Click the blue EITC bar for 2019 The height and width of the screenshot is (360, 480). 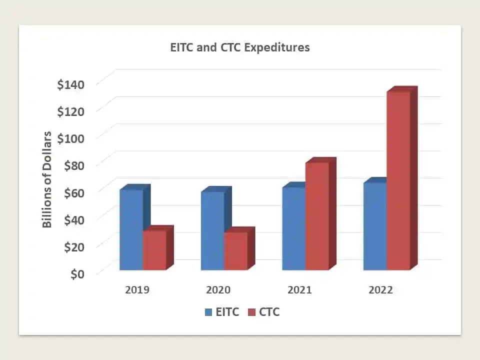(x=131, y=229)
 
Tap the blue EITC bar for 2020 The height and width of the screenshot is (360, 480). (x=213, y=231)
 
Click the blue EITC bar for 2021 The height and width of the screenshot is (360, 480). (x=294, y=228)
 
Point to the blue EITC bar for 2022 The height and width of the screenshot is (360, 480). (x=375, y=226)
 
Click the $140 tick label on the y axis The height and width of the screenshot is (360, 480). (x=70, y=84)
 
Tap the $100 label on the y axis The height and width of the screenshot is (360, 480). (x=70, y=138)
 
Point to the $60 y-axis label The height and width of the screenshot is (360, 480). (x=74, y=193)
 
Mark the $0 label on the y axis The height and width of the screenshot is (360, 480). (x=77, y=274)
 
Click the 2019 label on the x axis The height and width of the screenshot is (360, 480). (x=137, y=289)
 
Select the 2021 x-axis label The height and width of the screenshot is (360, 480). (x=299, y=289)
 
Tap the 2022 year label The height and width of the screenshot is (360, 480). (x=380, y=289)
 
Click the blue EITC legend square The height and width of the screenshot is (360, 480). (x=208, y=312)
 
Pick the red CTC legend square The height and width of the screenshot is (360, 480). (x=251, y=312)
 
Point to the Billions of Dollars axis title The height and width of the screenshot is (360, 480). (x=47, y=179)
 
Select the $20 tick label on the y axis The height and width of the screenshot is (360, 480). (x=74, y=247)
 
